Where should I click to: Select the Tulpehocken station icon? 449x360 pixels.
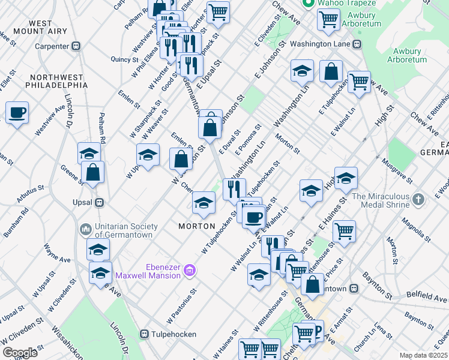(144, 334)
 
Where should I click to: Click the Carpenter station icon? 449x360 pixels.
(76, 46)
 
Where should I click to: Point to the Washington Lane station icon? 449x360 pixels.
(357, 44)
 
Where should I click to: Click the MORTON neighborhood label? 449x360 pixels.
(197, 226)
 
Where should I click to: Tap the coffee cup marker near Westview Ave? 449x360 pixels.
(17, 112)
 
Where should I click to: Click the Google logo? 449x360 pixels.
(20, 353)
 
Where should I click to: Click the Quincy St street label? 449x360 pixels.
(125, 59)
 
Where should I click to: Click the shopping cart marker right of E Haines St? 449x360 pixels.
(344, 230)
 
